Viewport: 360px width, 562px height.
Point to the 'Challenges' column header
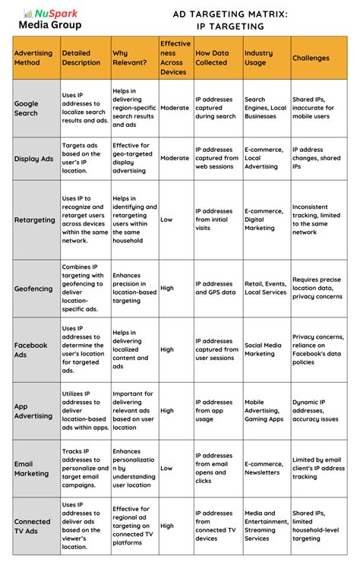coord(311,58)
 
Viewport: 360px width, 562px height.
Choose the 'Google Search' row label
coord(30,108)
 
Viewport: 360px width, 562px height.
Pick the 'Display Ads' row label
coord(34,158)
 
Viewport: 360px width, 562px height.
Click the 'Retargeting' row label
coord(35,219)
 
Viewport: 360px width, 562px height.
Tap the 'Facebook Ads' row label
coord(30,349)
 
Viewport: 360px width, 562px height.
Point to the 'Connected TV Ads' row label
coord(32,526)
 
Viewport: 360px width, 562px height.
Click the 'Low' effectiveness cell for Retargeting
coord(166,219)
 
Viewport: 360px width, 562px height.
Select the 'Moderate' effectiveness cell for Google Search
coord(175,108)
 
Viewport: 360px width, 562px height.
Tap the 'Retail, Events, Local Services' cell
coord(265,288)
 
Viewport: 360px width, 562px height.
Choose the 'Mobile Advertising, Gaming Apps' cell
coord(264,411)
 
